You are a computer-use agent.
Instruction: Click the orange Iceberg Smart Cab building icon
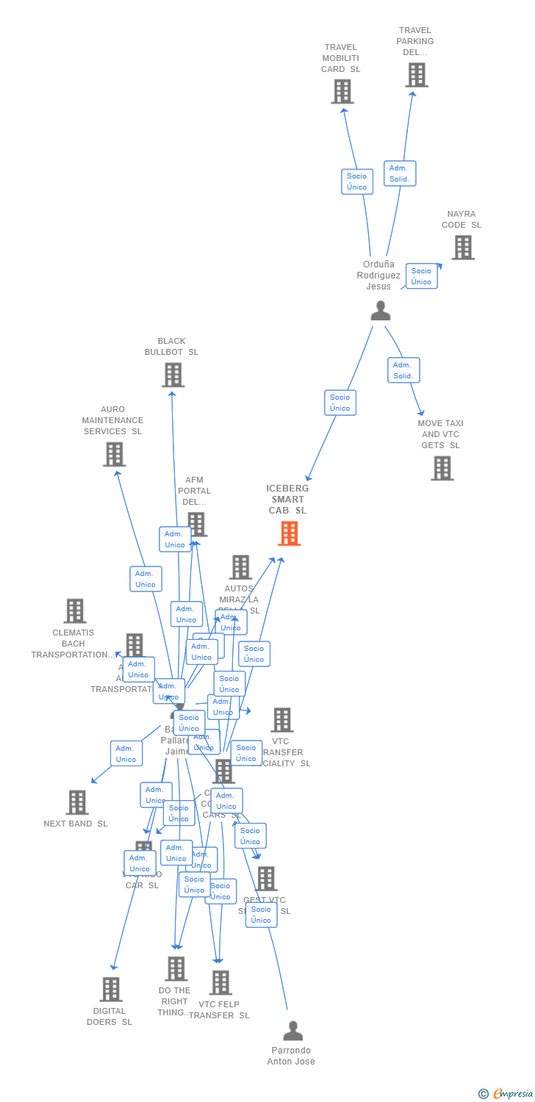click(289, 533)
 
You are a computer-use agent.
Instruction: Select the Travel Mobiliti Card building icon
click(342, 92)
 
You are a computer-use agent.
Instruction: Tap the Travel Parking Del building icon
click(416, 75)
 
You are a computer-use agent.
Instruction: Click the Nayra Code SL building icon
click(462, 248)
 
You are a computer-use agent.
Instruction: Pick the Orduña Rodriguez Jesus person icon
click(380, 311)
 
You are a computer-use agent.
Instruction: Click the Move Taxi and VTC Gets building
click(442, 468)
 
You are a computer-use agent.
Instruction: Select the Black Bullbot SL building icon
click(173, 375)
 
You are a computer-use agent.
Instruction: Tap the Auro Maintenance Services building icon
click(114, 454)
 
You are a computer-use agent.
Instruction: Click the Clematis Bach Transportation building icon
click(74, 611)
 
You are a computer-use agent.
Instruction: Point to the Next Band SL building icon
click(76, 802)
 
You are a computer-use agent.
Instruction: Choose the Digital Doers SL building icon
click(110, 989)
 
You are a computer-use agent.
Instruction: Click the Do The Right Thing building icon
click(176, 969)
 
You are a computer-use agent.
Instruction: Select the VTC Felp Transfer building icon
click(220, 982)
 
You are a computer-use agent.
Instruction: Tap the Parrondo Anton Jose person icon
click(292, 1031)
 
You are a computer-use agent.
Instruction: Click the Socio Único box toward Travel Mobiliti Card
click(357, 181)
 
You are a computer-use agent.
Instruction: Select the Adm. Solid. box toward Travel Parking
click(400, 173)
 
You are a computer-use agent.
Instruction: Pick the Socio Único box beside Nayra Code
click(421, 276)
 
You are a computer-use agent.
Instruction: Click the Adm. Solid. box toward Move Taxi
click(403, 370)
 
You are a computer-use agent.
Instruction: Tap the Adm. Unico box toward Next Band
click(126, 754)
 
